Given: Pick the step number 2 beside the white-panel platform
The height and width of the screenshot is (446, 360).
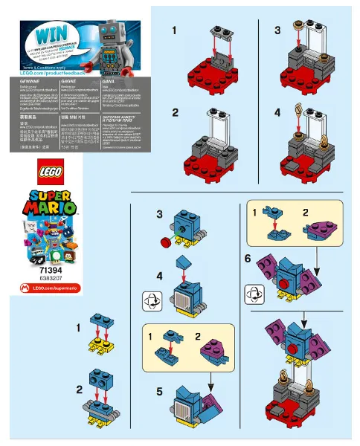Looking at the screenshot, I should pos(176,113).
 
